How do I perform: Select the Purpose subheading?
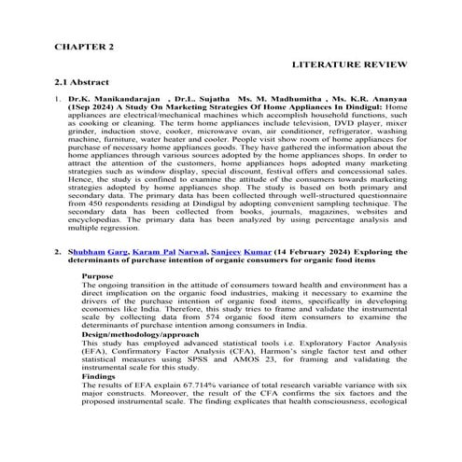point(97,276)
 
